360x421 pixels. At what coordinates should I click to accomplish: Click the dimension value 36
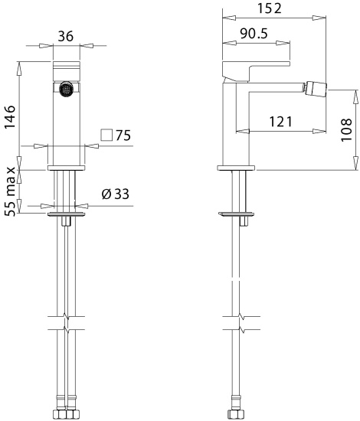pos(66,36)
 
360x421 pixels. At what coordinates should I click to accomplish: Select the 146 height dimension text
pos(10,117)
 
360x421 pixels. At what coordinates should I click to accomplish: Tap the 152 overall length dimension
pos(270,8)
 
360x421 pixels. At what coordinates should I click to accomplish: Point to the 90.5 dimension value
pos(254,34)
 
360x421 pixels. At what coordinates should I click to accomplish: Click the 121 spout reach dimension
pos(280,122)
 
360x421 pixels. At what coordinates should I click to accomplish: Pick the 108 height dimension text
pos(346,130)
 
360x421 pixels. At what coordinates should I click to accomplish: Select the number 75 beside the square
pos(123,135)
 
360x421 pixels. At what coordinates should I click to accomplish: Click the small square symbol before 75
pos(106,135)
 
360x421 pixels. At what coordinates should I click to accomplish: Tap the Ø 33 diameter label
pos(116,194)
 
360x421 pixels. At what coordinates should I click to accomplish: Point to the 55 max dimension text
pos(11,191)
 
